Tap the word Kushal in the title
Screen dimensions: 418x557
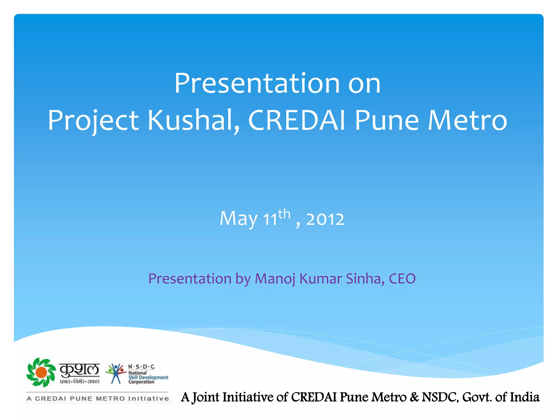pyautogui.click(x=194, y=120)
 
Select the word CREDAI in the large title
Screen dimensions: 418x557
pyautogui.click(x=297, y=120)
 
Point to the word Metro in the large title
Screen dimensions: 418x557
pyautogui.click(x=468, y=120)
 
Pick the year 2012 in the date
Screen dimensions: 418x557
pyautogui.click(x=325, y=219)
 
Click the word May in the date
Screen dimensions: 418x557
pyautogui.click(x=239, y=219)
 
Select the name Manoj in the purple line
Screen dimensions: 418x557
pyautogui.click(x=275, y=279)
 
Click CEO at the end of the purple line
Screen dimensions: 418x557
pyautogui.click(x=402, y=279)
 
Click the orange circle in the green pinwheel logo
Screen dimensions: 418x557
pyautogui.click(x=41, y=372)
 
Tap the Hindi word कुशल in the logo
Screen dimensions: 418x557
pyautogui.click(x=79, y=370)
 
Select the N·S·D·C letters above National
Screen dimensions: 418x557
pyautogui.click(x=141, y=367)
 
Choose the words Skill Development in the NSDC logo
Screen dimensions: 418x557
pyautogui.click(x=148, y=377)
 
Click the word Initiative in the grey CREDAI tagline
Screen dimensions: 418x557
pyautogui.click(x=148, y=399)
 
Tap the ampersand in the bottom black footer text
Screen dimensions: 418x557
pyautogui.click(x=414, y=397)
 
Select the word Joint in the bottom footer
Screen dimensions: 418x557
pyautogui.click(x=206, y=397)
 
